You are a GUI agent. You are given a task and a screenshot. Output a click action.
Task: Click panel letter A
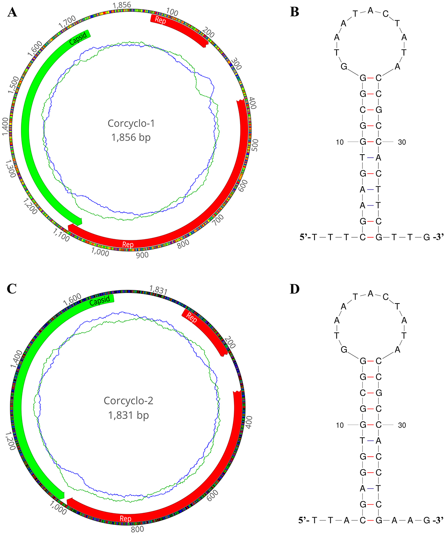[12, 12]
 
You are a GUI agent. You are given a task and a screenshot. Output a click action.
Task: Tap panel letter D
[295, 289]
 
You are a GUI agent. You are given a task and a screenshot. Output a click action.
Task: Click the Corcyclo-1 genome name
[131, 123]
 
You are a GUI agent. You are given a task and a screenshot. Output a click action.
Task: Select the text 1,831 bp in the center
[128, 415]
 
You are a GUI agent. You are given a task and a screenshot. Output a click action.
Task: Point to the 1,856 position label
[122, 5]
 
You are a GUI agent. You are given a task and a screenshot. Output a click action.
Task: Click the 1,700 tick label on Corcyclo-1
[67, 22]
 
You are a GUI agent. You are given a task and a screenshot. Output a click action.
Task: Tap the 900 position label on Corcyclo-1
[142, 255]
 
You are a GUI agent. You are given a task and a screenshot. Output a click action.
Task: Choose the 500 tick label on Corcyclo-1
[255, 145]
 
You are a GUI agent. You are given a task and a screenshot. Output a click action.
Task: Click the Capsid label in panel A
[78, 39]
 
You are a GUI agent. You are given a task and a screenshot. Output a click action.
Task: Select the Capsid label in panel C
[100, 301]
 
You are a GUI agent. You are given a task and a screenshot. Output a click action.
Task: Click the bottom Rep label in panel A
[128, 245]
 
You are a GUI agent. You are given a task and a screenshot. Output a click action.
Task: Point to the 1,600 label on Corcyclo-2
[72, 297]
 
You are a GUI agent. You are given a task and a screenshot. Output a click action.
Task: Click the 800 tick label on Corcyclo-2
[137, 529]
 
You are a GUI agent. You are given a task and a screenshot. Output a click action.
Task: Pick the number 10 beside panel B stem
[340, 142]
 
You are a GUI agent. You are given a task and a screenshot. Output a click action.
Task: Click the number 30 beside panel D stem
[402, 425]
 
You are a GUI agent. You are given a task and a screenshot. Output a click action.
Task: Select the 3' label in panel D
[439, 520]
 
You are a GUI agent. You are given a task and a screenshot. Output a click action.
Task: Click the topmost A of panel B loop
[370, 11]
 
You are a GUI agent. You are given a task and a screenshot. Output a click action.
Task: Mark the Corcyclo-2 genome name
[129, 401]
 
